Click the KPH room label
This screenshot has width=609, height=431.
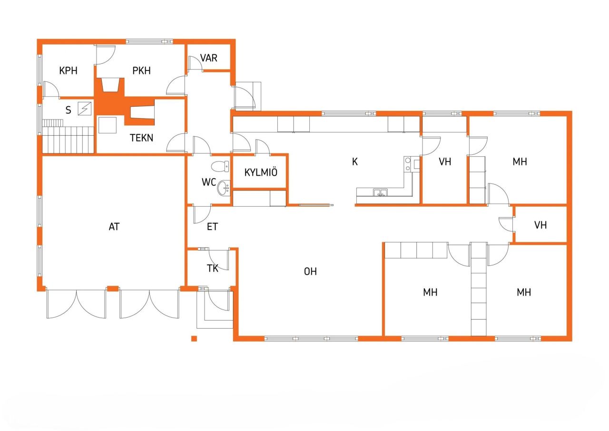(x=68, y=71)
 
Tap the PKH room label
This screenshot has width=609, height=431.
(x=141, y=71)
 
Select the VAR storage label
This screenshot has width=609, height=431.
(x=208, y=58)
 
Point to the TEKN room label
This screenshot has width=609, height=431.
(x=142, y=138)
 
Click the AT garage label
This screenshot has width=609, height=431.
(x=114, y=227)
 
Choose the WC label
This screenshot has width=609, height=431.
(x=209, y=182)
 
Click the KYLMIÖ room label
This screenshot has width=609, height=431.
(x=260, y=172)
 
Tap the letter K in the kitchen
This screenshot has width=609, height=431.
(x=354, y=162)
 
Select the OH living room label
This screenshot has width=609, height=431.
(x=310, y=271)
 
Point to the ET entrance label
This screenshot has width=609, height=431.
(x=212, y=227)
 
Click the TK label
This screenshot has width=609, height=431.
(x=212, y=268)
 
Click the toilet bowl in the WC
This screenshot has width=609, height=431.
(x=220, y=167)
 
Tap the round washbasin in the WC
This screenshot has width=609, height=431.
(x=224, y=189)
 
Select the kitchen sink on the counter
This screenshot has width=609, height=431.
(x=380, y=193)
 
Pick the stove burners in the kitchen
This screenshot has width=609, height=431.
(x=408, y=164)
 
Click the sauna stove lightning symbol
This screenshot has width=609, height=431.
(x=84, y=109)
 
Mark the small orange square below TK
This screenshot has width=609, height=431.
(x=194, y=339)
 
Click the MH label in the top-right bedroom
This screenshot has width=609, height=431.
(x=520, y=162)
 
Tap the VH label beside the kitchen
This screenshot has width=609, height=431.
(x=445, y=162)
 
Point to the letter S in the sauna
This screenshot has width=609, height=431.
(x=69, y=110)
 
